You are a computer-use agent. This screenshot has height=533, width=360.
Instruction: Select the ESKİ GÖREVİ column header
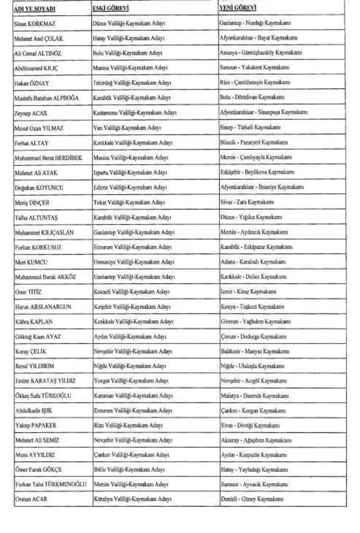point(111,8)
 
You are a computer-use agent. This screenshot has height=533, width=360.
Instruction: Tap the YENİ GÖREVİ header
point(238,8)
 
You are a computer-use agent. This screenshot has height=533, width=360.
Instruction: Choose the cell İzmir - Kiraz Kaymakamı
point(248,291)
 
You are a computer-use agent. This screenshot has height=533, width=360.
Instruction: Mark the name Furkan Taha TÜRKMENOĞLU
point(51,485)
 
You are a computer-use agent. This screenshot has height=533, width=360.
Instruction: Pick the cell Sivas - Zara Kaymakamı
point(247,202)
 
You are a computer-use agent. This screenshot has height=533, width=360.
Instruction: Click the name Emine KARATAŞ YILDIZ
point(45,381)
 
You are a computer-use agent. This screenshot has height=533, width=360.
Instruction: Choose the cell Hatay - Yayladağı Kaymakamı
point(254,470)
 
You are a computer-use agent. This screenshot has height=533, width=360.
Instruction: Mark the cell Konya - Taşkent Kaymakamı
point(252,307)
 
